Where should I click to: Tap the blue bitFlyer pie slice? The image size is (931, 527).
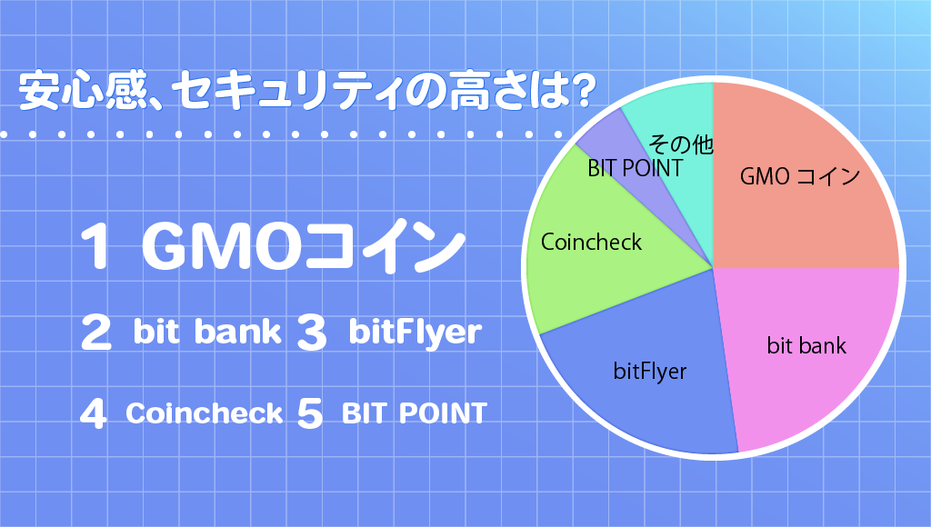point(647,380)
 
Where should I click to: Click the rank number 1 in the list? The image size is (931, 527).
point(95,245)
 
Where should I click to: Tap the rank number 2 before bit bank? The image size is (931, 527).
point(95,332)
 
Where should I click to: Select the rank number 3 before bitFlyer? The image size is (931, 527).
point(312,332)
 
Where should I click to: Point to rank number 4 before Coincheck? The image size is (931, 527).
point(94,413)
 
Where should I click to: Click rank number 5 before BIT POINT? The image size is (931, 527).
point(310,413)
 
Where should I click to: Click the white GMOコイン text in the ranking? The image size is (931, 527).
point(303,245)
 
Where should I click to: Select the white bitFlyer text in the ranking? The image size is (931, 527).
point(415,333)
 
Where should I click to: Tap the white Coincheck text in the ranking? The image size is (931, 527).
point(204,413)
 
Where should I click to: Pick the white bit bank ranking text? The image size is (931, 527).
point(207,332)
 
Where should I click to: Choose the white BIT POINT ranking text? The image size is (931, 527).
point(415,413)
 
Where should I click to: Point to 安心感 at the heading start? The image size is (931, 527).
point(83,91)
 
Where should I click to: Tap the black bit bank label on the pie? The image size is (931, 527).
point(806,345)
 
